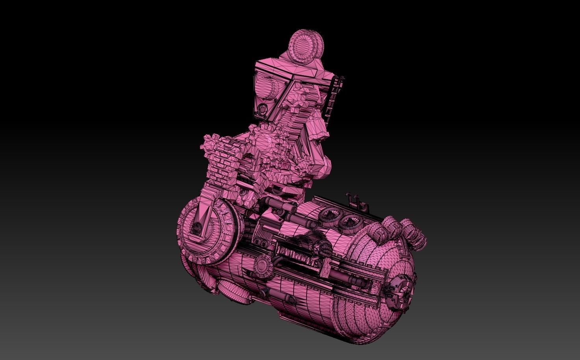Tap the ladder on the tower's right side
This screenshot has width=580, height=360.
pos(333,98)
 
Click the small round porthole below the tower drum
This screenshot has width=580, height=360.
pos(263,108)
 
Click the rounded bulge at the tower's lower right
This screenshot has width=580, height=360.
pos(320,165)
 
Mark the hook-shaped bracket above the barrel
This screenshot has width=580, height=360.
pos(356,201)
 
